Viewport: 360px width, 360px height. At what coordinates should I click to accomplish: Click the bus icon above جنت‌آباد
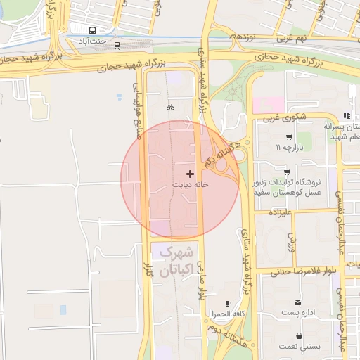(x=92, y=31)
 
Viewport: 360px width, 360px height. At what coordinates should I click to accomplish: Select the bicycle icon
(x=169, y=108)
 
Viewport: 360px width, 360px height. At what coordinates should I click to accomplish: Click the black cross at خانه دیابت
(x=190, y=173)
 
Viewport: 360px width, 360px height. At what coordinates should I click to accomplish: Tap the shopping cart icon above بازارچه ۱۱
(x=288, y=137)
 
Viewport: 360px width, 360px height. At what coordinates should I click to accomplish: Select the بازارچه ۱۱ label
(x=288, y=148)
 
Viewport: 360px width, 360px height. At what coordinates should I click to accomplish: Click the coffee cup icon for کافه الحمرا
(x=228, y=304)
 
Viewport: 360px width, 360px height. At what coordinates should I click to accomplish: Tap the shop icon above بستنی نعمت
(x=300, y=336)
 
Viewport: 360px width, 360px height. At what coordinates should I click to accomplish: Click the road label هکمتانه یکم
(x=218, y=151)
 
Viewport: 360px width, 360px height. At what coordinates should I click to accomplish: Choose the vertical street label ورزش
(x=292, y=243)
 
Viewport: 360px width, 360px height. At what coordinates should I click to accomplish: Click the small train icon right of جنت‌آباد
(x=117, y=46)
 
